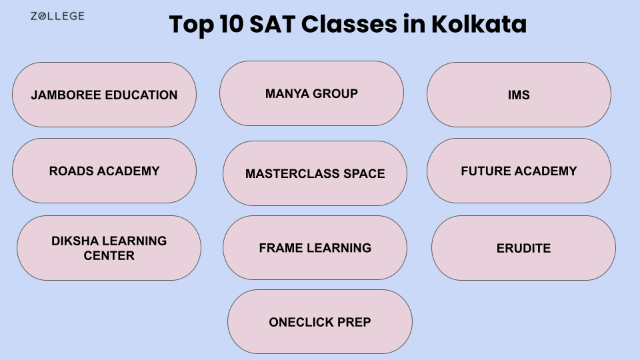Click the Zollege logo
[x=57, y=16]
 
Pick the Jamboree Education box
[x=104, y=95]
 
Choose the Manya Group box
[x=311, y=93]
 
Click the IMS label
[x=519, y=95]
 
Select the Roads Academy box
[x=104, y=171]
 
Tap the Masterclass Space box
[x=315, y=173]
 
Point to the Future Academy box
[x=519, y=171]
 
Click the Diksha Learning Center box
[x=109, y=248]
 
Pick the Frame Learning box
[x=315, y=248]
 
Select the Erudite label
[x=523, y=248]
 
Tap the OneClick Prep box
[x=319, y=322]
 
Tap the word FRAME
[x=280, y=248]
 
